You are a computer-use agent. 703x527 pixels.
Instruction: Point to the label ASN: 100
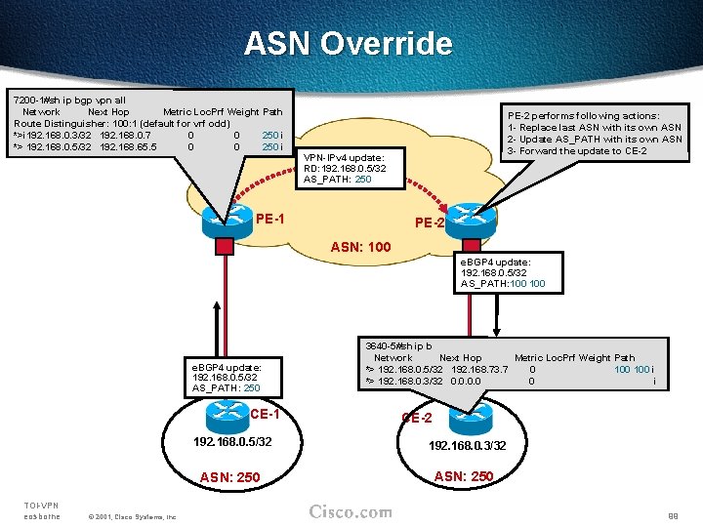coord(361,247)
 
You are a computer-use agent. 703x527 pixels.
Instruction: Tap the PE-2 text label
coord(431,223)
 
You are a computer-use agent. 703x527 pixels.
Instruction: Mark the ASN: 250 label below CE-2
coord(464,476)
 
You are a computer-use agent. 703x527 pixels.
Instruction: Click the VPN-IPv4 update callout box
coord(352,168)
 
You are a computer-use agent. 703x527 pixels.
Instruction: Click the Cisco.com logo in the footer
coord(351,512)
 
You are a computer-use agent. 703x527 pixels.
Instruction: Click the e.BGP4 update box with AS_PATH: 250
coord(231,378)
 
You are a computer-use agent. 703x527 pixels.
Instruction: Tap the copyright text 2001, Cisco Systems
coord(131,516)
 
